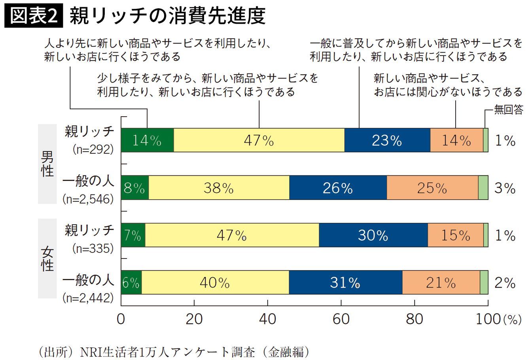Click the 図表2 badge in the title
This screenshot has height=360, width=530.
click(34, 17)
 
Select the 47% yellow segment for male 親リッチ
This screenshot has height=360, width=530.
click(259, 140)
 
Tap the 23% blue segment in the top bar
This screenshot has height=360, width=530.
click(387, 140)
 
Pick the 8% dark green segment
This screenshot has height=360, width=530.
click(135, 188)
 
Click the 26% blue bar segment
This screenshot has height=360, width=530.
click(338, 188)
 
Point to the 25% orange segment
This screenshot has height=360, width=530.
click(432, 188)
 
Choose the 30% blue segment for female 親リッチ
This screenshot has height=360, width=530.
click(373, 235)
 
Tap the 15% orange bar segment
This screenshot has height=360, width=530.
click(455, 235)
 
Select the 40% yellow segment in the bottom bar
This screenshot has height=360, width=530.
click(215, 283)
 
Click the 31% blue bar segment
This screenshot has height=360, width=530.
click(345, 283)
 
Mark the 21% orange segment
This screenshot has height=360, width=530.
click(441, 283)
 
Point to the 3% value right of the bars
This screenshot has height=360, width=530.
click(505, 188)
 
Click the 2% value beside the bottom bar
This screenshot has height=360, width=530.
click(505, 283)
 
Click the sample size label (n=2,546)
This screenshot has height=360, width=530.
click(88, 199)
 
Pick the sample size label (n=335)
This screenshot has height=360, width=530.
click(93, 249)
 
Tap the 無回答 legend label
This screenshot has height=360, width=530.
click(508, 109)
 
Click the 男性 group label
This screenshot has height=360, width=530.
click(47, 164)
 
